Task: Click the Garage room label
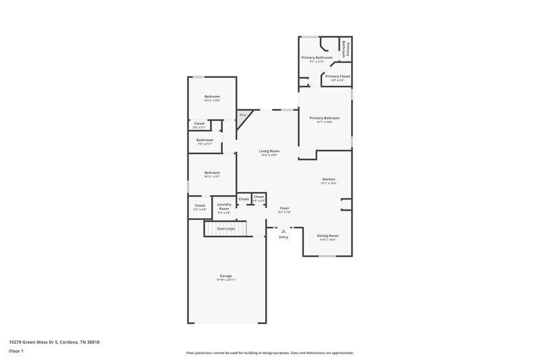pos(225,276)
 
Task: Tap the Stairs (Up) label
pos(225,229)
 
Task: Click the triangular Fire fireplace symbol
pos(242,115)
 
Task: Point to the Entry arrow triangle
pos(283,231)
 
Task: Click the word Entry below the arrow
pos(283,237)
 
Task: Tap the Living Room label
pos(269,151)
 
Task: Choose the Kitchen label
pos(328,179)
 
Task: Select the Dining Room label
pos(327,235)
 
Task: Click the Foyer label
pos(284,208)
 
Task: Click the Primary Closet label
pos(337,76)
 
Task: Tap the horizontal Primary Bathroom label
pos(317,58)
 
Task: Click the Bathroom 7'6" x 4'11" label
pos(205,140)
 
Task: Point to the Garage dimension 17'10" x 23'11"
pos(225,280)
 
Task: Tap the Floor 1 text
pos(16,352)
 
